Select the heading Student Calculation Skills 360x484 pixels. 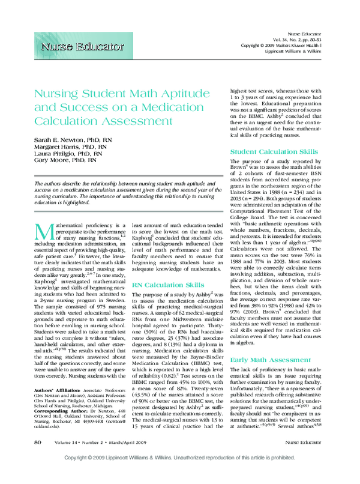tap(266, 152)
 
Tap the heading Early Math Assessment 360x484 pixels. tap(262, 360)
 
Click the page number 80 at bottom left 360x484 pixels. tap(37, 459)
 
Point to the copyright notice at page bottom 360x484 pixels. tap(180, 474)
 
